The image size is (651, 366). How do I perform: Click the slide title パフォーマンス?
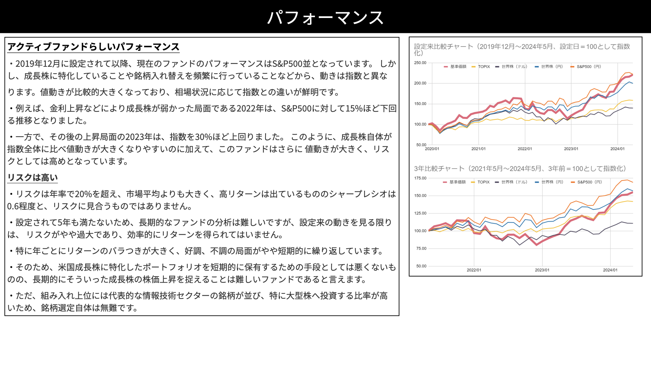tap(325, 17)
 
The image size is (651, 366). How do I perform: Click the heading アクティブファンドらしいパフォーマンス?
tap(93, 47)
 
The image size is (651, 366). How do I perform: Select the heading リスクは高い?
tap(33, 178)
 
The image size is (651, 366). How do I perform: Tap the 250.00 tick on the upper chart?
tap(420, 63)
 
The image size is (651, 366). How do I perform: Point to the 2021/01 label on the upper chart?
tap(478, 149)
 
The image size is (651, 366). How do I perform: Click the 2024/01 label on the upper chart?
tap(617, 149)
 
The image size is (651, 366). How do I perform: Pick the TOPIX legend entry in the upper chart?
tap(481, 67)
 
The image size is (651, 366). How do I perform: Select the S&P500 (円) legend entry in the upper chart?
tap(586, 67)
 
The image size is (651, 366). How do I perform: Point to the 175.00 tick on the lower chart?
tap(420, 178)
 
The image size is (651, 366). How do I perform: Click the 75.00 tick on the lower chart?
tap(421, 248)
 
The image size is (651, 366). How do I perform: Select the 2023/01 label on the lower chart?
tap(542, 270)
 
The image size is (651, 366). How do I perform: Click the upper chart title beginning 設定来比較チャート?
tap(522, 49)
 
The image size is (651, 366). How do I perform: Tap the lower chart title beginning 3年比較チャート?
tap(520, 168)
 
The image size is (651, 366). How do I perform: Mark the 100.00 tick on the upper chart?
tap(420, 124)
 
